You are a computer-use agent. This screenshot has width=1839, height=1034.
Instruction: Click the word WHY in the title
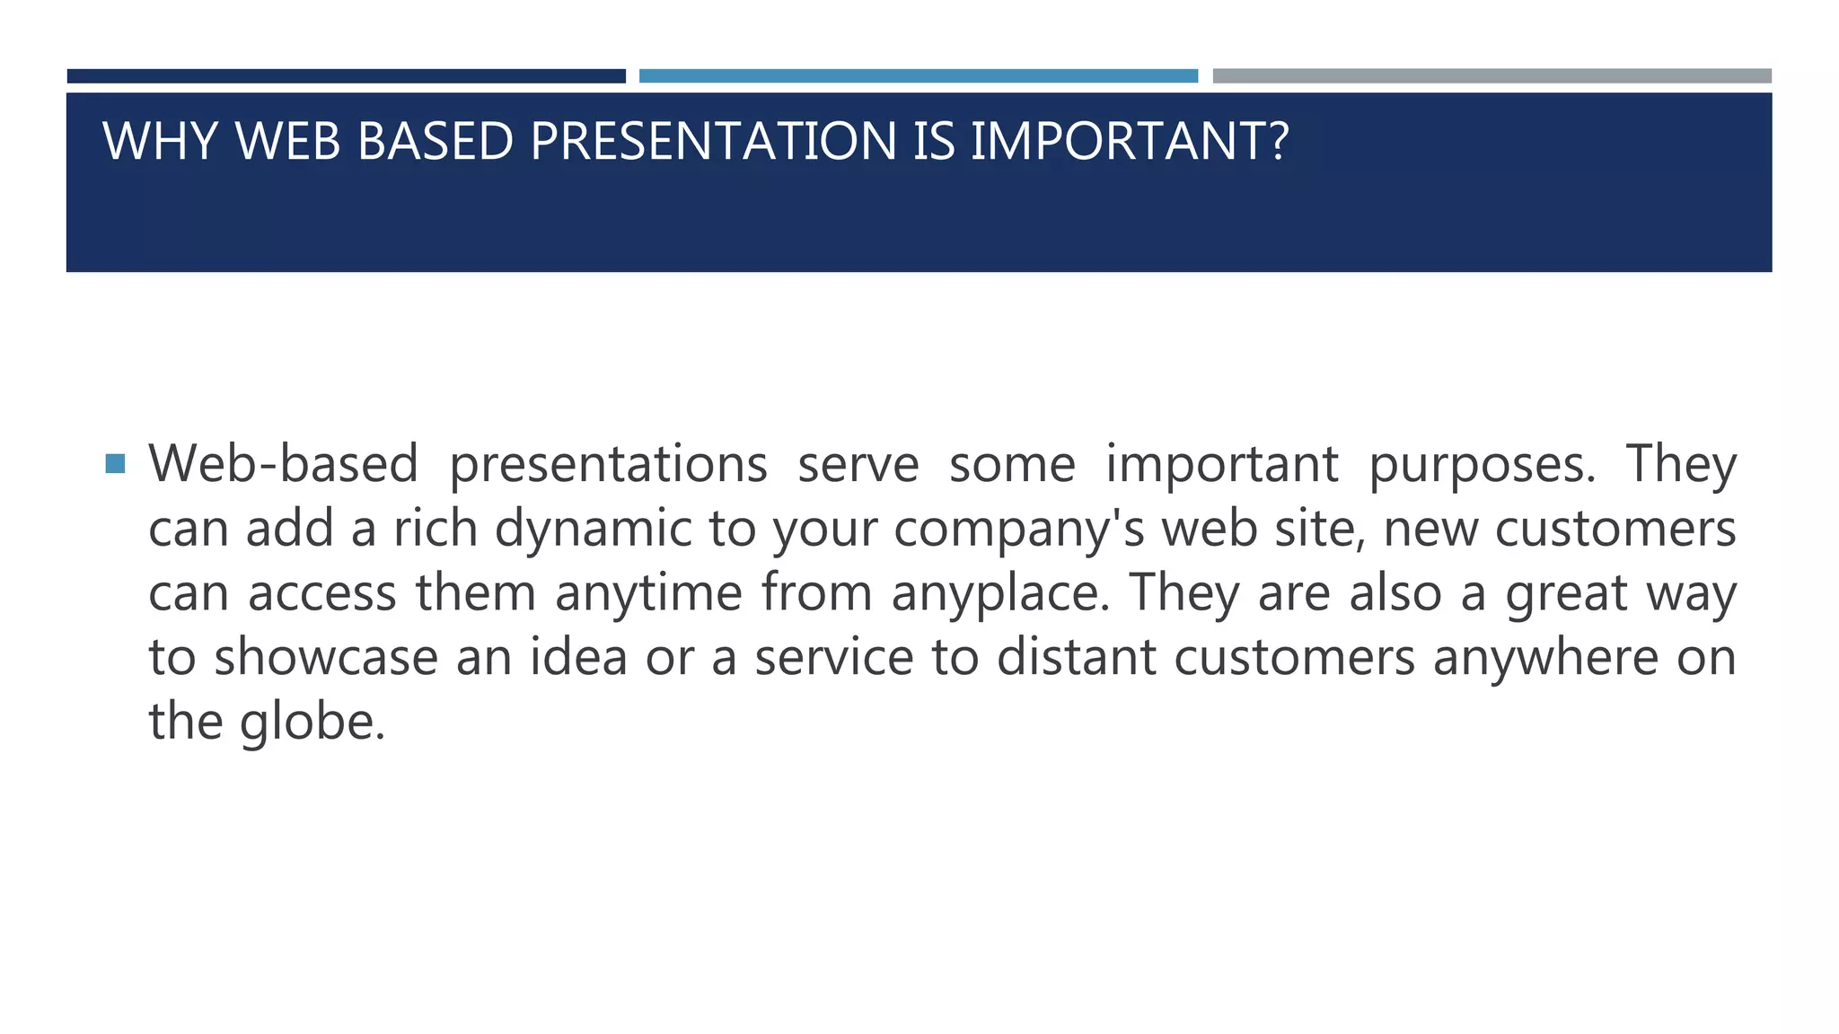pyautogui.click(x=160, y=141)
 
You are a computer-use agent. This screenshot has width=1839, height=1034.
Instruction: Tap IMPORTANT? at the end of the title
pyautogui.click(x=1130, y=141)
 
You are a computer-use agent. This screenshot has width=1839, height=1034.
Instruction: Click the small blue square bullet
pyautogui.click(x=115, y=464)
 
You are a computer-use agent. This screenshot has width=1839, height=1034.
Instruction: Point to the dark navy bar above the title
pyautogui.click(x=346, y=76)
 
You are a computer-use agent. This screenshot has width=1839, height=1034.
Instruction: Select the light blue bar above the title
pyautogui.click(x=918, y=76)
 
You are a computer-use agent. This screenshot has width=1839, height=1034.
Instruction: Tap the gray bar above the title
pyautogui.click(x=1491, y=76)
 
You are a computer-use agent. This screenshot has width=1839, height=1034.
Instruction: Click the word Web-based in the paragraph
pyautogui.click(x=284, y=464)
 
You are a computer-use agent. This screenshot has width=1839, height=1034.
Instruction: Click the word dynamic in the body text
pyautogui.click(x=594, y=530)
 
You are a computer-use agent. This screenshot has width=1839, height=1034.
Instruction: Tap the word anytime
pyautogui.click(x=648, y=594)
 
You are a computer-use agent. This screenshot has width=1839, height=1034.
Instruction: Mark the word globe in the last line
pyautogui.click(x=312, y=723)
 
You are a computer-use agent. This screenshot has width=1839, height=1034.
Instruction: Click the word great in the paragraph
pyautogui.click(x=1566, y=594)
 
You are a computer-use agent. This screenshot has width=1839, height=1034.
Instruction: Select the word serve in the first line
pyautogui.click(x=858, y=464)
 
